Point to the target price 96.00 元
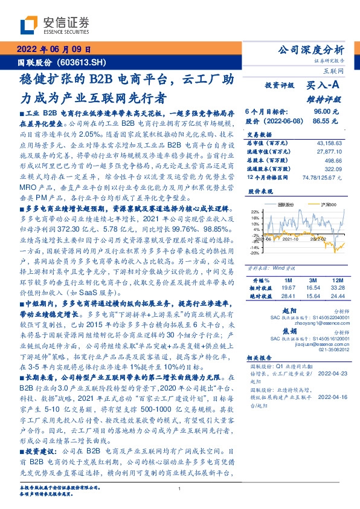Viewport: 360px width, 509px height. coord(330,112)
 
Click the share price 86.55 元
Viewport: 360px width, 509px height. coord(330,121)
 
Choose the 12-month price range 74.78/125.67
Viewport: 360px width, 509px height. coord(319,178)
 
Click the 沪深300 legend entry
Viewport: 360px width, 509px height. coord(321,205)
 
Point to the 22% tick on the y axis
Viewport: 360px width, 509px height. coord(256,212)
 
